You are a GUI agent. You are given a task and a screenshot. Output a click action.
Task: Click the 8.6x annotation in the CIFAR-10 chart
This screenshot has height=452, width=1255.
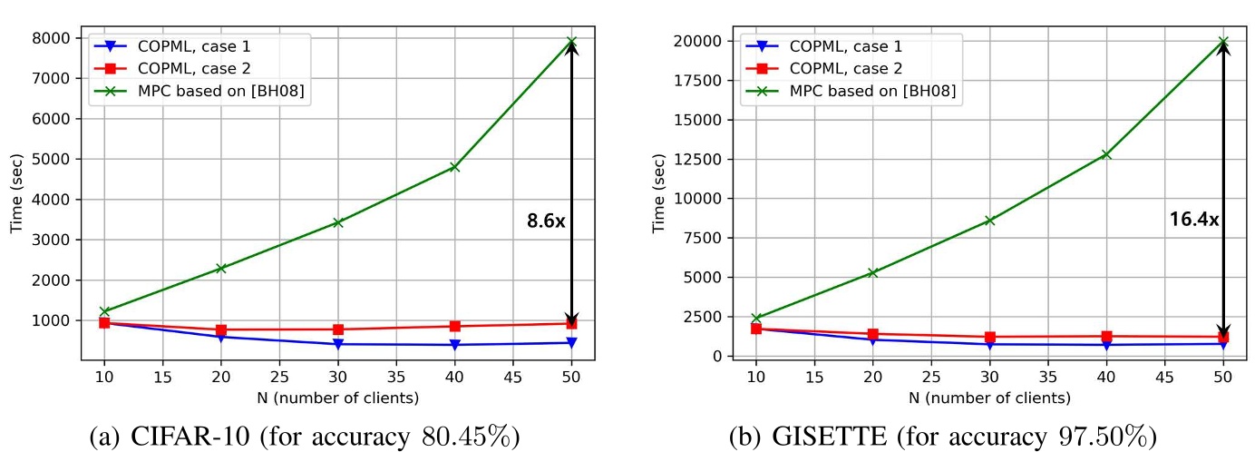pyautogui.click(x=546, y=221)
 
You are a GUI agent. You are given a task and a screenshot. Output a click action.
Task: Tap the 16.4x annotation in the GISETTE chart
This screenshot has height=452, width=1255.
pyautogui.click(x=1194, y=219)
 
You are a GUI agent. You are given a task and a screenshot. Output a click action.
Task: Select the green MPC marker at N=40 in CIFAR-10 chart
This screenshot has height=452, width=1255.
pyautogui.click(x=454, y=167)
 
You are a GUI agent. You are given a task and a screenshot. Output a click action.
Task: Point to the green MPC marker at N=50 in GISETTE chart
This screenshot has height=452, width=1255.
pyautogui.click(x=1223, y=42)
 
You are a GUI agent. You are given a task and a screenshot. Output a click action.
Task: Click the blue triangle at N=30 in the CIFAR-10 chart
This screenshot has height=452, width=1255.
pyautogui.click(x=337, y=344)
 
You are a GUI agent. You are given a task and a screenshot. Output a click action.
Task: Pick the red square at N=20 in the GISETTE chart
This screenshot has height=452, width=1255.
pyautogui.click(x=873, y=334)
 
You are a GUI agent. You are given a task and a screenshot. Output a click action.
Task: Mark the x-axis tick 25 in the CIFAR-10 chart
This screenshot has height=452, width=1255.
pyautogui.click(x=279, y=377)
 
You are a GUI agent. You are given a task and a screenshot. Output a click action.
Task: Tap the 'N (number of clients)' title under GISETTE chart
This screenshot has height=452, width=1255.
pyautogui.click(x=989, y=398)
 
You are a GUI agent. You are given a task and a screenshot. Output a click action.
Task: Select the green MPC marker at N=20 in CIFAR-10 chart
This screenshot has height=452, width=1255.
pyautogui.click(x=220, y=269)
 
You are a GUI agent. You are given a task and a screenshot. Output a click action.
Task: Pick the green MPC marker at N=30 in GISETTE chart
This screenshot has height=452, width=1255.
pyautogui.click(x=989, y=221)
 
